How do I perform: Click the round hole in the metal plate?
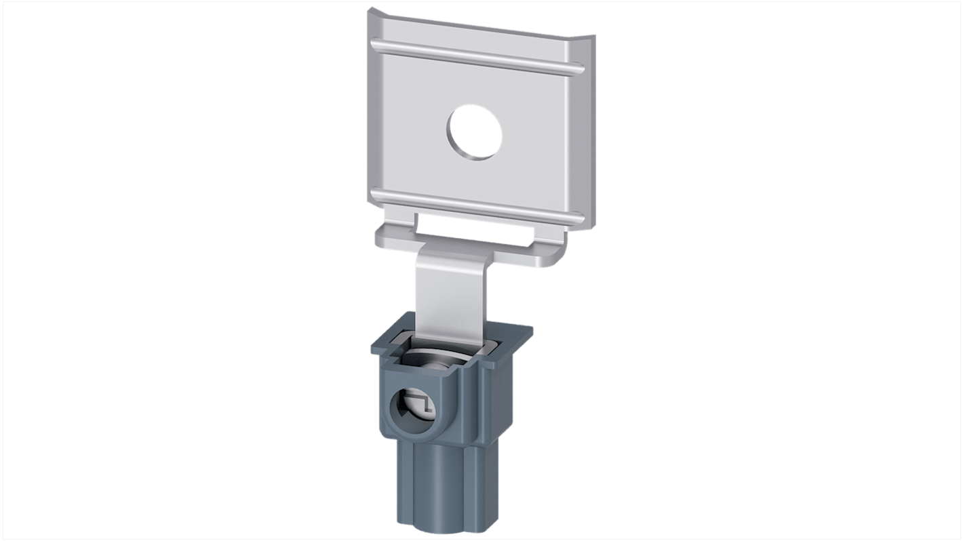click(x=475, y=132)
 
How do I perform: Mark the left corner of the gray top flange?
click(x=373, y=351)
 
